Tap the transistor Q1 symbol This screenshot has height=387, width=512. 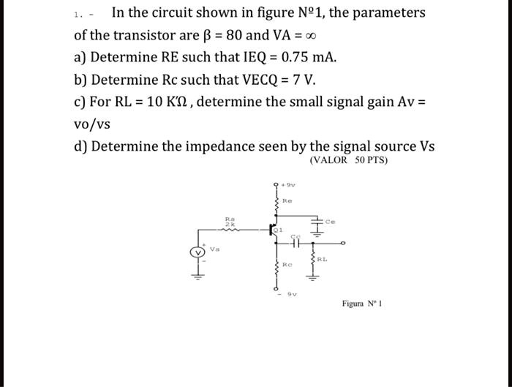(276, 229)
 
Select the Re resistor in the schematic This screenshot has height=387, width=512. (277, 199)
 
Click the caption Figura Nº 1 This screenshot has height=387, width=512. (362, 304)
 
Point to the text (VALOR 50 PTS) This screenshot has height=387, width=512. (349, 159)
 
